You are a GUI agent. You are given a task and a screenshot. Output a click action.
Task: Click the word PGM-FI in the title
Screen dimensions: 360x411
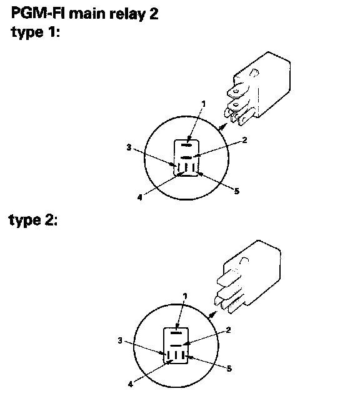[x=38, y=13]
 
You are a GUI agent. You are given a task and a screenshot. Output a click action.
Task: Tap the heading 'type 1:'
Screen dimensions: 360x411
[x=36, y=32]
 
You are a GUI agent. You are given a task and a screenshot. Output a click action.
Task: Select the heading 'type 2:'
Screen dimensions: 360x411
[x=33, y=220]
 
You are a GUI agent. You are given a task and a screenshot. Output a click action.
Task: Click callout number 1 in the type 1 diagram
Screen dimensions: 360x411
[x=204, y=104]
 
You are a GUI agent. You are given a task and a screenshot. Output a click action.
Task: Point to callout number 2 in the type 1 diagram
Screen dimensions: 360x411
[x=244, y=140]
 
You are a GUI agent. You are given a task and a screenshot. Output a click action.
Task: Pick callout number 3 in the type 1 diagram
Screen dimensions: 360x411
[x=129, y=147]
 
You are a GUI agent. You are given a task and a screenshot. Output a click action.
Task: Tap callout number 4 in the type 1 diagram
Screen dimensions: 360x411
[x=139, y=197]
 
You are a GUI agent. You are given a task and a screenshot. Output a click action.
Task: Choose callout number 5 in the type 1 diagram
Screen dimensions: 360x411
[x=236, y=191]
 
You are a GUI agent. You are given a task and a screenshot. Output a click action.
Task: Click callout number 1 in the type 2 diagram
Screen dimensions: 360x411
[x=185, y=296]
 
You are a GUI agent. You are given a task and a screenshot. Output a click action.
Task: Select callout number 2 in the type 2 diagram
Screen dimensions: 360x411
[x=228, y=330]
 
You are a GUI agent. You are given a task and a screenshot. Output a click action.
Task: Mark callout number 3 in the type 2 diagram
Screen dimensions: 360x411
[x=120, y=340]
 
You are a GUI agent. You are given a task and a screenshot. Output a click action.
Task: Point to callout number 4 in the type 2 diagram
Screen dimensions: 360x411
[x=131, y=384]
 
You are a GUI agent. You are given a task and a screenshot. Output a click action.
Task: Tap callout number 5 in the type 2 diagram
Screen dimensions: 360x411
[x=229, y=369]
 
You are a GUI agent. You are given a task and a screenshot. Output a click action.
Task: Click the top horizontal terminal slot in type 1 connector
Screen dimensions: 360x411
[x=186, y=145]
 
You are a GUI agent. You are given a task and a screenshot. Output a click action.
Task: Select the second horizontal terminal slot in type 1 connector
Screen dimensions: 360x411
[x=186, y=157]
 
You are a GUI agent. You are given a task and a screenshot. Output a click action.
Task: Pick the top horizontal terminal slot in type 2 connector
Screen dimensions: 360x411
[x=176, y=333]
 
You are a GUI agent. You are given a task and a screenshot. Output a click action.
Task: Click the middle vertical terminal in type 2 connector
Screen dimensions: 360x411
[x=176, y=355]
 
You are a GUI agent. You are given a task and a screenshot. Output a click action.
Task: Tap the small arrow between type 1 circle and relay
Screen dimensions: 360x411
[x=222, y=127]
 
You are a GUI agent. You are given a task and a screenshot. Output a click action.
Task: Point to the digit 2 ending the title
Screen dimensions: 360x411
[x=154, y=13]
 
